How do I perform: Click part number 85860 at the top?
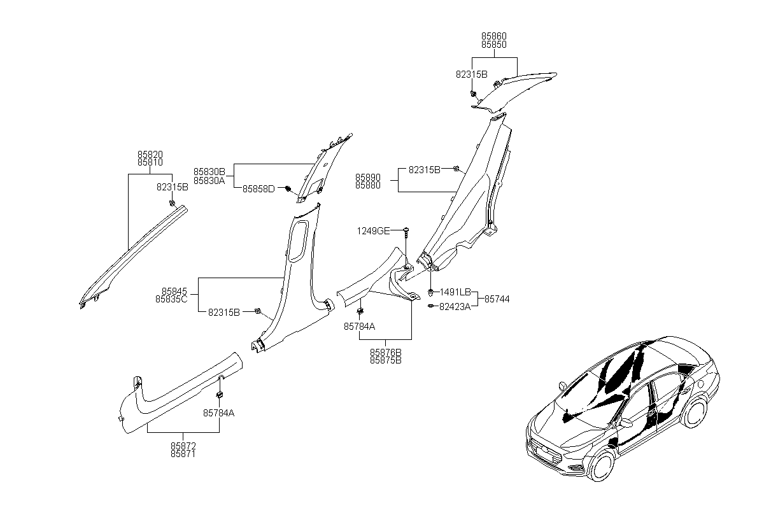click(x=494, y=36)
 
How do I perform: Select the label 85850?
click(x=494, y=45)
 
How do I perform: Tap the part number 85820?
click(x=150, y=155)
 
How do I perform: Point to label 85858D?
click(x=258, y=189)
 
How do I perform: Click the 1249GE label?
click(x=373, y=231)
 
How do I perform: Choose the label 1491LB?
click(x=455, y=292)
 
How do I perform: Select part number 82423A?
click(x=455, y=307)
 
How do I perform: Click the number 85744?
click(x=497, y=299)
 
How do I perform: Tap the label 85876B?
click(x=386, y=352)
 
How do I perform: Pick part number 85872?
click(x=183, y=446)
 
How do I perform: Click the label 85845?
click(x=174, y=292)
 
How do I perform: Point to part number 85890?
click(x=368, y=178)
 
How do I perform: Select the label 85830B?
click(x=209, y=171)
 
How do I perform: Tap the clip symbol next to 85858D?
click(x=288, y=188)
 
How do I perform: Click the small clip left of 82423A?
click(x=431, y=306)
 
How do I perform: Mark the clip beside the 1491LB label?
click(x=430, y=292)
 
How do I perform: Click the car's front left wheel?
click(x=602, y=465)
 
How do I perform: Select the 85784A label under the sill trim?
click(x=218, y=413)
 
